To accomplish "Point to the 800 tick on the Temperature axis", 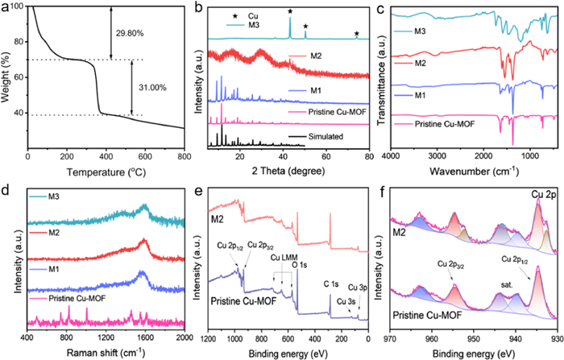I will (x=185, y=158).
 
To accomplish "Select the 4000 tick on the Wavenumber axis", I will (x=392, y=158).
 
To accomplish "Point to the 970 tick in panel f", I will (x=392, y=337).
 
